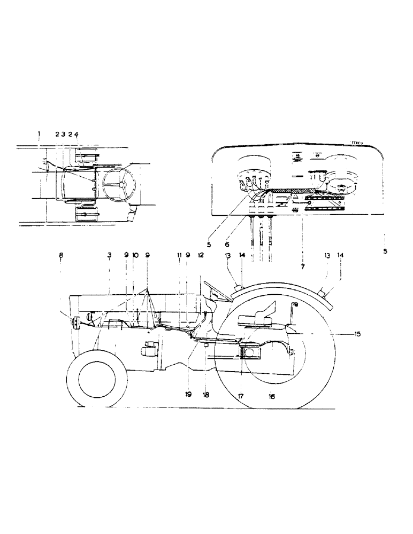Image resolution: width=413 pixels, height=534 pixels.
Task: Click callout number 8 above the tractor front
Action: pos(60,256)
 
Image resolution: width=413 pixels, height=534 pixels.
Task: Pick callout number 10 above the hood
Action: pos(135,256)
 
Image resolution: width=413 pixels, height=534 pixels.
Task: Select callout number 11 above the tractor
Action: pos(179,256)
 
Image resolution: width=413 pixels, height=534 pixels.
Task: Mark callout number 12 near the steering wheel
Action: pos(201,256)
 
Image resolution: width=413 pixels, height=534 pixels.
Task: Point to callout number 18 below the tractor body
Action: pos(206,395)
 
